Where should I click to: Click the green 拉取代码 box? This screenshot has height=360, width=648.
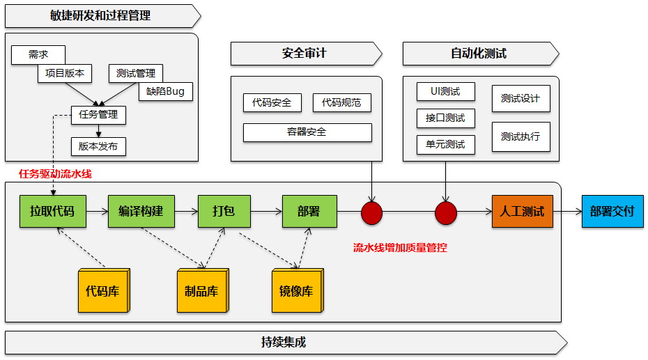52,211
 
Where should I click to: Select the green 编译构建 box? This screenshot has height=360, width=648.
141,211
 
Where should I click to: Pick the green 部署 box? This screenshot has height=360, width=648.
309,211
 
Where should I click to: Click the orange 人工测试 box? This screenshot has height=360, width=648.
522,211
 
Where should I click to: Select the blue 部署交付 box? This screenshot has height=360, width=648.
612,211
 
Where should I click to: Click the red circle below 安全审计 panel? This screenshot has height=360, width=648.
371,213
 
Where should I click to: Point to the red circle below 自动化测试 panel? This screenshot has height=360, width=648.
445,213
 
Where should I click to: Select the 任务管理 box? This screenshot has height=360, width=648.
98,115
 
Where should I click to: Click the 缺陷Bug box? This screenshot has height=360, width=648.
165,91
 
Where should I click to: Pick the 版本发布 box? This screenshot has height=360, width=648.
98,146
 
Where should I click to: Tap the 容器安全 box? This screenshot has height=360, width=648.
307,132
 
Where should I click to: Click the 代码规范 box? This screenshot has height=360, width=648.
341,103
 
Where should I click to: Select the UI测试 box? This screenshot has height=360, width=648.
445,91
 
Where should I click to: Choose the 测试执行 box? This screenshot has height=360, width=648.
520,136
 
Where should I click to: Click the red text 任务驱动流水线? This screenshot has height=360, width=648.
55,174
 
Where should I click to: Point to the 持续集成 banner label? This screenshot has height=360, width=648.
283,342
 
